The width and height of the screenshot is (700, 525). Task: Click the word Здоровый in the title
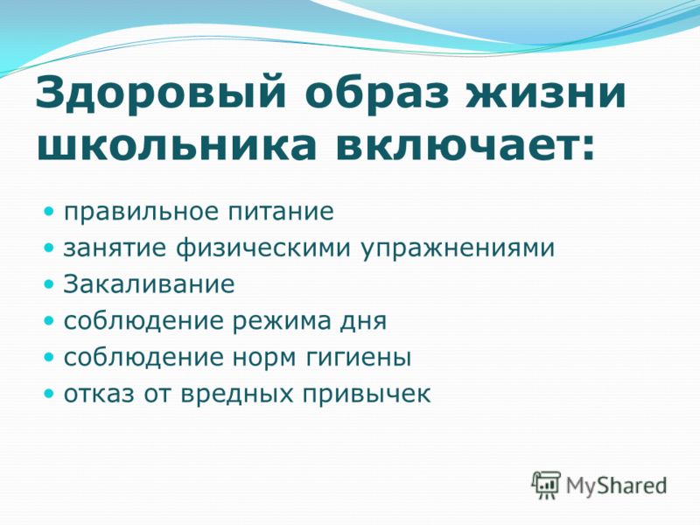tap(160, 93)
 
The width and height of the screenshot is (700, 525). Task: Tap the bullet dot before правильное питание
tap(49, 210)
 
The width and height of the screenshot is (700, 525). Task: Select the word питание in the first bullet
tap(281, 212)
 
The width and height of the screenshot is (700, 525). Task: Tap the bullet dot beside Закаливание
tap(49, 283)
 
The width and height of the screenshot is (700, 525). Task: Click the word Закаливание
tap(149, 284)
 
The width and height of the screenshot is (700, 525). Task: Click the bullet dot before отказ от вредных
tap(49, 394)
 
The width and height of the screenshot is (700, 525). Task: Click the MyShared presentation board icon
tap(545, 484)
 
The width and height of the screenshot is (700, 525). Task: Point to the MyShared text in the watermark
tap(617, 486)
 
